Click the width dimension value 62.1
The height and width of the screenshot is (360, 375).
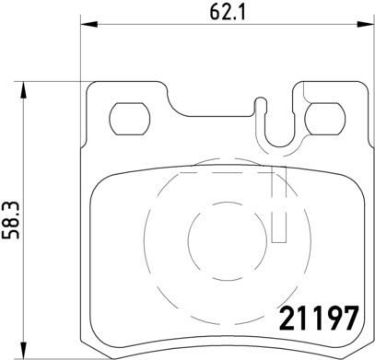(228, 12)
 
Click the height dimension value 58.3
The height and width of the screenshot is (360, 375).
(10, 220)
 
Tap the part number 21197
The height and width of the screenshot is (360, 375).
(319, 319)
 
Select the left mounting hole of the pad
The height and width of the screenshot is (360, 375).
(130, 119)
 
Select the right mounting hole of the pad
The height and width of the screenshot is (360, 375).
(325, 119)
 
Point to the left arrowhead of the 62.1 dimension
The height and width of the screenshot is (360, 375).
(89, 24)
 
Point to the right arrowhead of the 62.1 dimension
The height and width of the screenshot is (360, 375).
(366, 24)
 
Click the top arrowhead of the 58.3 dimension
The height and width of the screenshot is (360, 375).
(23, 90)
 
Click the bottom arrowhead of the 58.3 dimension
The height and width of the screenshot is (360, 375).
(23, 350)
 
